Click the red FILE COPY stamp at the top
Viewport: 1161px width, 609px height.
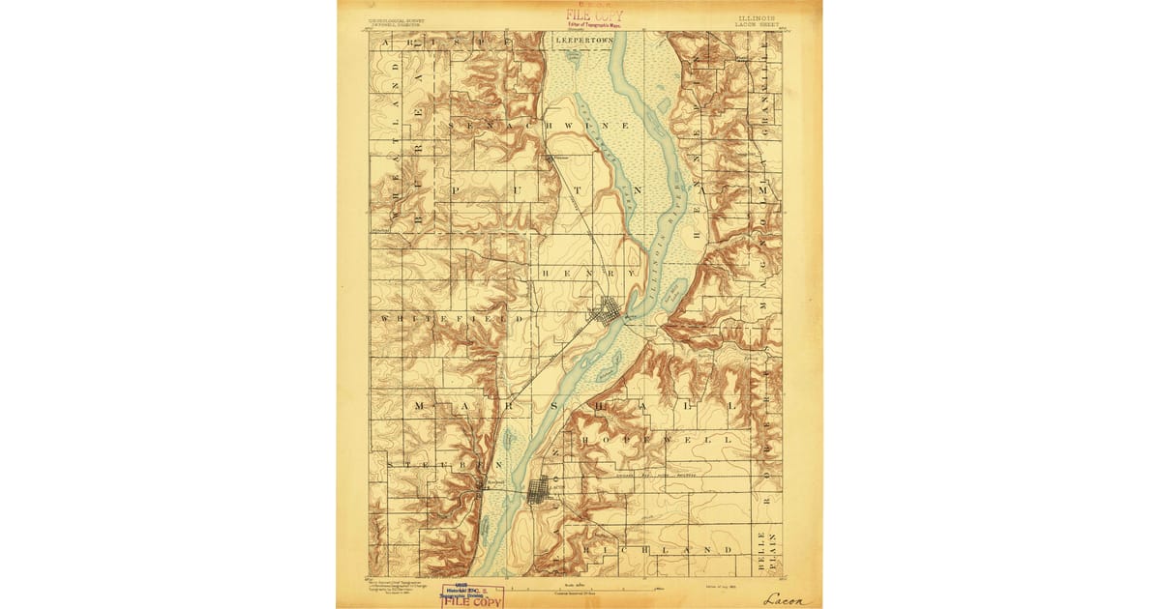pyautogui.click(x=594, y=15)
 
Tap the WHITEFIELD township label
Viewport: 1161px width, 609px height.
pyautogui.click(x=452, y=317)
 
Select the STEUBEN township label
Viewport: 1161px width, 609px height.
pyautogui.click(x=436, y=465)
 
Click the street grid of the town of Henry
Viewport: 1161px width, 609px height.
pyautogui.click(x=608, y=311)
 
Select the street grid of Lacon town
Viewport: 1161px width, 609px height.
pyautogui.click(x=539, y=490)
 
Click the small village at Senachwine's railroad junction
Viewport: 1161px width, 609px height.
pyautogui.click(x=550, y=158)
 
